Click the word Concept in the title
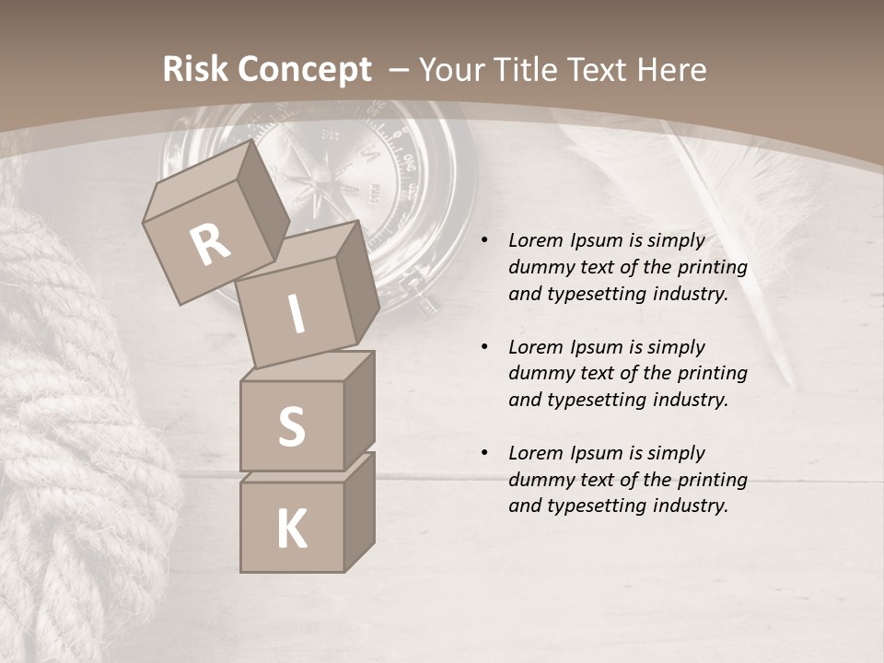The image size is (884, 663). (x=304, y=70)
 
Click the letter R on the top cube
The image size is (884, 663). (x=210, y=245)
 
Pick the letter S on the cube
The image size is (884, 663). (x=291, y=427)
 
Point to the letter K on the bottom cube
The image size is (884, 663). (x=291, y=529)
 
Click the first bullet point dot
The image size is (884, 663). (x=483, y=241)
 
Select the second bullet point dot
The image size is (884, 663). (x=483, y=348)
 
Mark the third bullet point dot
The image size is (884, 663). (x=483, y=454)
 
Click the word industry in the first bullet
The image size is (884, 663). (x=690, y=294)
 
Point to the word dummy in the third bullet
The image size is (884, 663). (x=539, y=480)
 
